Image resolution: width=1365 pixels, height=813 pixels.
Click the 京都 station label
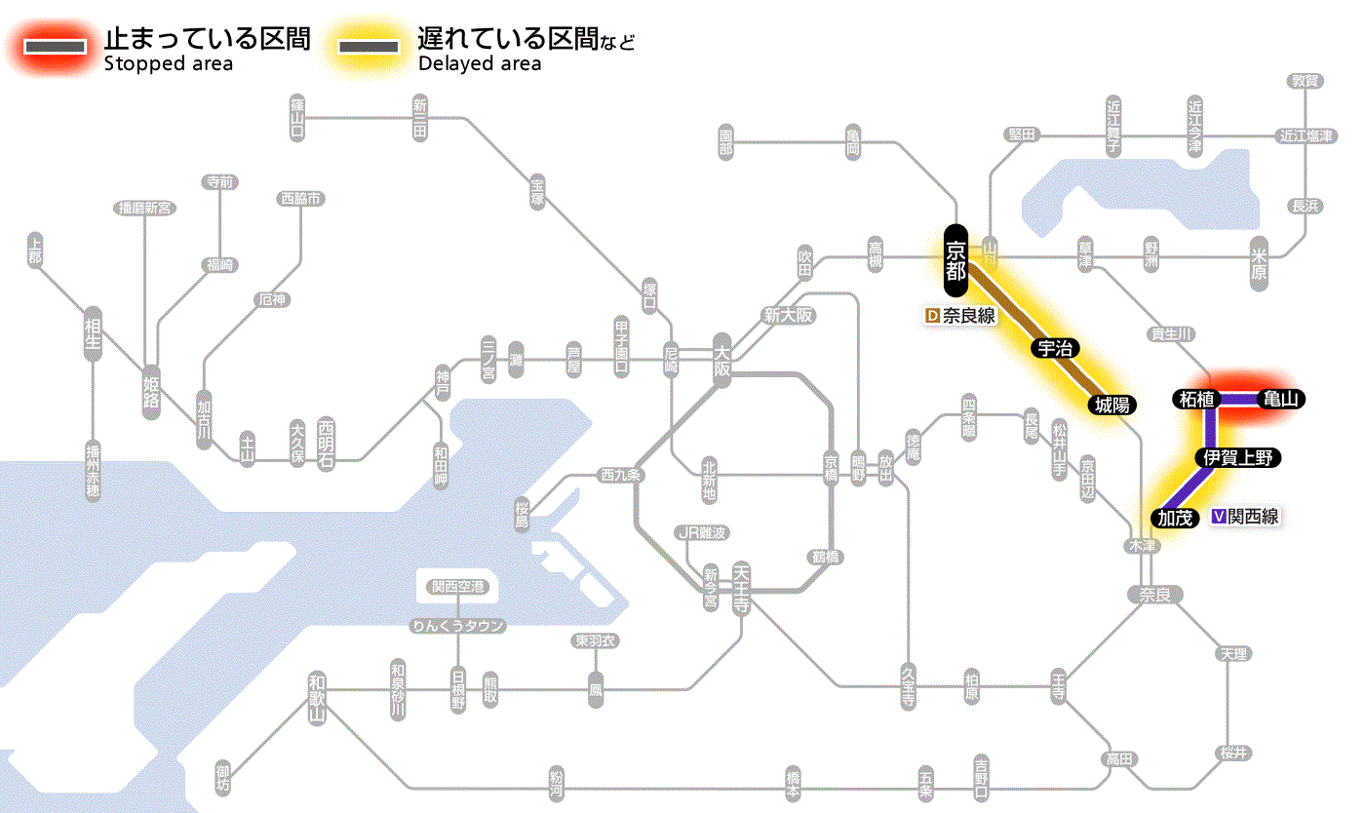pos(955,260)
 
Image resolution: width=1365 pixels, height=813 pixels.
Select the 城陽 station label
pos(1111,406)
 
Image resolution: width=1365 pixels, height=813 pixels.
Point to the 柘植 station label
pos(1196,399)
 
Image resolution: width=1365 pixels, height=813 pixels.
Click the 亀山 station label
pos(1281,399)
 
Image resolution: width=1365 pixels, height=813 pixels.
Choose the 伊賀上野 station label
pos(1237,457)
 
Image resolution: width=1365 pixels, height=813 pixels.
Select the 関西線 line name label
pos(1245,518)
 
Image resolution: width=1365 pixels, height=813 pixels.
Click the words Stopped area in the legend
pos(169,64)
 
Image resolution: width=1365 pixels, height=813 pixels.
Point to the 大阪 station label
pos(721,361)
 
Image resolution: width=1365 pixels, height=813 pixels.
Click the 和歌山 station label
pos(317,698)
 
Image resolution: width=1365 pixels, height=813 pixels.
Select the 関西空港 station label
pos(457,587)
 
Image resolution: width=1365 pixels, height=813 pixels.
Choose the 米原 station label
pos(1260,261)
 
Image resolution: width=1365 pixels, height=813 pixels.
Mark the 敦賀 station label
pos(1305,81)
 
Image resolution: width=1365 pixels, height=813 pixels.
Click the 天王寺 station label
pos(740,589)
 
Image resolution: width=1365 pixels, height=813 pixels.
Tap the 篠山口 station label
pos(297,117)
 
